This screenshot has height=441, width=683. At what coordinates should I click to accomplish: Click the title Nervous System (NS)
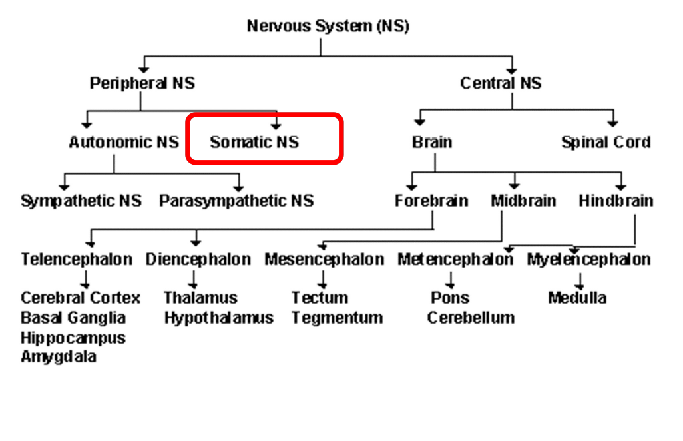click(x=328, y=27)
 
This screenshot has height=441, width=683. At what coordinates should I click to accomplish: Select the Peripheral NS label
click(x=142, y=83)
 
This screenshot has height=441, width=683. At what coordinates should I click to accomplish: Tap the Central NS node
click(x=501, y=83)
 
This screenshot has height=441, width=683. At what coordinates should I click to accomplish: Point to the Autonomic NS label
click(x=124, y=142)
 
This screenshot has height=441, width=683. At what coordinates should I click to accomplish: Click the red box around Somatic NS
click(x=264, y=139)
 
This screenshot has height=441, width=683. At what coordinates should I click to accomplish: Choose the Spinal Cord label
click(x=605, y=142)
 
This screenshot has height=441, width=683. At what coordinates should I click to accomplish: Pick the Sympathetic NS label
click(x=81, y=201)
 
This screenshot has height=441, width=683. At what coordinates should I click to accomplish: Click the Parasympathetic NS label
click(x=236, y=201)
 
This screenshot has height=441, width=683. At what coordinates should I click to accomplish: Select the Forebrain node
click(x=431, y=201)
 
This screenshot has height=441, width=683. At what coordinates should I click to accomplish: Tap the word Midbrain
click(x=523, y=201)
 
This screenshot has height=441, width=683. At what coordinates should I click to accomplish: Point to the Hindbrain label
click(x=616, y=201)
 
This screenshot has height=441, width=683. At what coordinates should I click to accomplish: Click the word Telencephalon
click(x=77, y=259)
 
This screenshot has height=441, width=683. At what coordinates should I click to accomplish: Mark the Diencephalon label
click(x=198, y=259)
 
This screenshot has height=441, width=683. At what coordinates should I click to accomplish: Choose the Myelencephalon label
click(x=588, y=259)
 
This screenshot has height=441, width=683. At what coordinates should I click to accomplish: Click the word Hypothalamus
click(x=218, y=318)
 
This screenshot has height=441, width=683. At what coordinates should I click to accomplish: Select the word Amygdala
click(x=58, y=356)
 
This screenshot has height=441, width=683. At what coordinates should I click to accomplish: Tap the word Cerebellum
click(x=471, y=318)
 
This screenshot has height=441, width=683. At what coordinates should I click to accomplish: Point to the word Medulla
click(x=576, y=298)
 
